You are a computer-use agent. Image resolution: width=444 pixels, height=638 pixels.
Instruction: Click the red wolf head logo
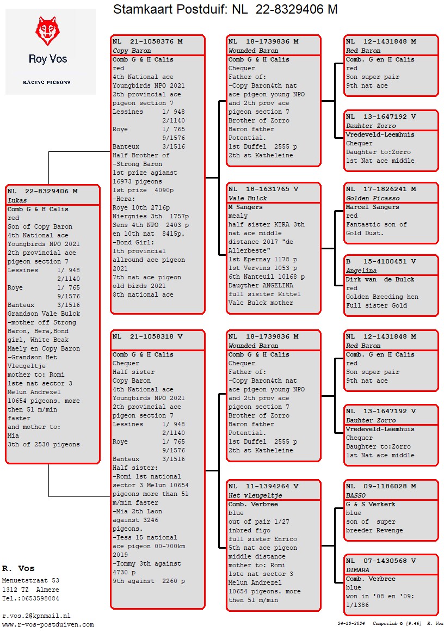(47, 31)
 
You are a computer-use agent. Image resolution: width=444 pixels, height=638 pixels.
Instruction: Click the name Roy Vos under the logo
(48, 59)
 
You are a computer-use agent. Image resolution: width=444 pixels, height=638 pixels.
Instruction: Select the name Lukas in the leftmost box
(17, 200)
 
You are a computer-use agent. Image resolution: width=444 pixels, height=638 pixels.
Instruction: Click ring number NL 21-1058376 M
(147, 41)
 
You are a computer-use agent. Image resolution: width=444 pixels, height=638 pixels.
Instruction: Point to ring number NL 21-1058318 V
(147, 336)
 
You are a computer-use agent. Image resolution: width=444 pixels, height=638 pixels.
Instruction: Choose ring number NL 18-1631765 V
(263, 189)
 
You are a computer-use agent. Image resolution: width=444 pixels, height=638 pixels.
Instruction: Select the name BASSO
(356, 495)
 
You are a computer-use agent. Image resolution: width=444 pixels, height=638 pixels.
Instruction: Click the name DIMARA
(358, 570)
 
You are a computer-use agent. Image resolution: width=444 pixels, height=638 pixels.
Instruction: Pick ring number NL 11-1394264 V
(263, 486)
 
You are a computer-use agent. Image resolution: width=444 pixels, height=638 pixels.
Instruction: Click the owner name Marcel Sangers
(372, 207)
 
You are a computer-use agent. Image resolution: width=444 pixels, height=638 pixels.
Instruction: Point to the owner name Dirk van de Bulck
(380, 279)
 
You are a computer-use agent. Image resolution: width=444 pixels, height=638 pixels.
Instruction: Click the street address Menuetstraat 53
(30, 581)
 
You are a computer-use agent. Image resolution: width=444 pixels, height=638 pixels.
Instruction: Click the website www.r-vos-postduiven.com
(48, 624)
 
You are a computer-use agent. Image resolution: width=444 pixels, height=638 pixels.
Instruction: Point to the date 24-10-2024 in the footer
(351, 623)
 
